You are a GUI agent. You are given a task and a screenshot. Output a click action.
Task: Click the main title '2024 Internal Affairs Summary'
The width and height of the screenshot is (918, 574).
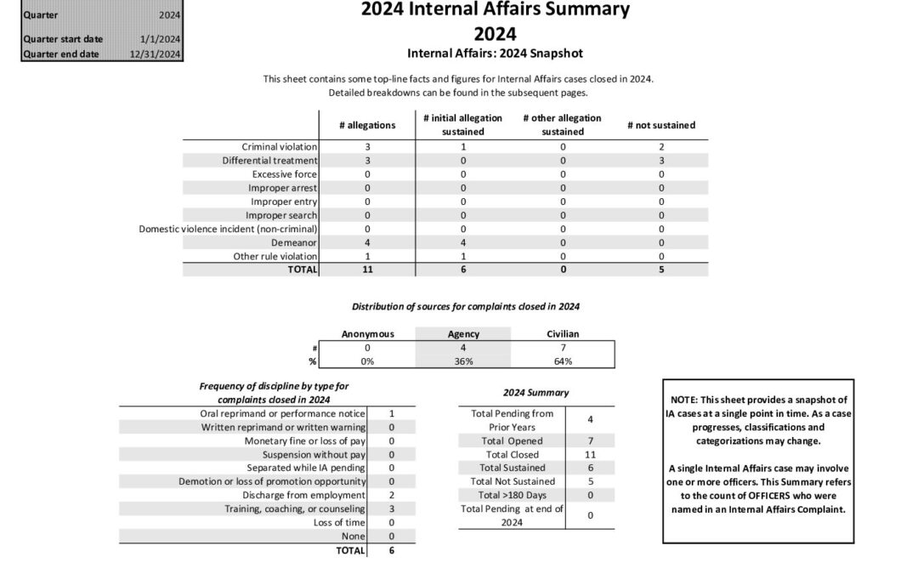click(496, 10)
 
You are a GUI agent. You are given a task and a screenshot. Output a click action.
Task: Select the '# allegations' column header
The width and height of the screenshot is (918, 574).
click(367, 125)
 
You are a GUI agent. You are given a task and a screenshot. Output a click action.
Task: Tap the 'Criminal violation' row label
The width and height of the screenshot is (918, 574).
click(280, 147)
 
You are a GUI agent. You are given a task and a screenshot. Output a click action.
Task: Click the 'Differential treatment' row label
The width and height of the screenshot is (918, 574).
click(270, 161)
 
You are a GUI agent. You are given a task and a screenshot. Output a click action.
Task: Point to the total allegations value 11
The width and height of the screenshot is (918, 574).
click(367, 270)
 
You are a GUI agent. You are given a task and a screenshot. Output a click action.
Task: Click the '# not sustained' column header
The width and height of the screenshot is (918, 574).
click(661, 125)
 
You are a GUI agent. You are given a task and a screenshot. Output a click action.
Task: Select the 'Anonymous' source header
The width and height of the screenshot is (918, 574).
click(367, 334)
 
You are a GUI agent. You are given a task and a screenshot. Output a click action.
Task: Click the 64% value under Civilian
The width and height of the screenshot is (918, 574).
click(563, 361)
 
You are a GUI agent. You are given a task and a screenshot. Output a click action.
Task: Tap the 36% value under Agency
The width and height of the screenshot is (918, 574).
click(463, 361)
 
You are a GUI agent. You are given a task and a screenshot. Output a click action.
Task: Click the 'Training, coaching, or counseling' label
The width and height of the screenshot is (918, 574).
click(295, 509)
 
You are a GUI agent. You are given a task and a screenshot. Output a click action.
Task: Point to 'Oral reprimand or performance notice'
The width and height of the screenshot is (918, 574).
click(277, 413)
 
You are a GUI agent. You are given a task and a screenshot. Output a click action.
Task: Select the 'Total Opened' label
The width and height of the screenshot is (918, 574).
click(512, 440)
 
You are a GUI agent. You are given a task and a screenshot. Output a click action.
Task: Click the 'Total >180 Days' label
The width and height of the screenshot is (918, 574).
click(512, 495)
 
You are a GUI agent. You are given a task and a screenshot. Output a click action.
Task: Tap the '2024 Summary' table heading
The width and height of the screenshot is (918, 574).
click(536, 393)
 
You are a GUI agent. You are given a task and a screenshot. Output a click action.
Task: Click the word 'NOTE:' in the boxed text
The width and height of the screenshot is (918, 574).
click(686, 401)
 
